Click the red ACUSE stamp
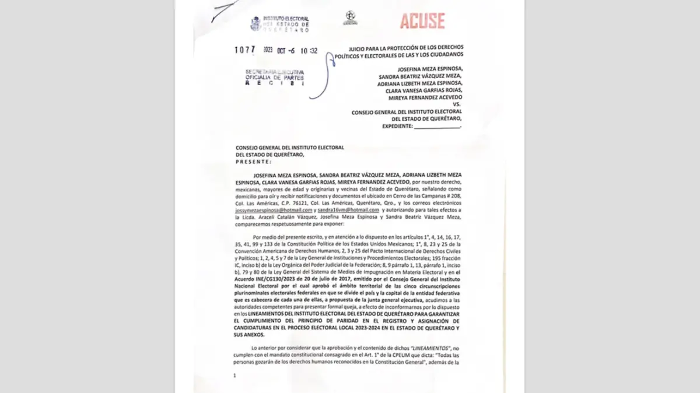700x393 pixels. [422, 22]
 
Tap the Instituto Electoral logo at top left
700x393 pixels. [279, 24]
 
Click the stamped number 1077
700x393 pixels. [245, 50]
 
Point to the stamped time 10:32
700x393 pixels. [309, 51]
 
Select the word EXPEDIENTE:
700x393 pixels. [397, 126]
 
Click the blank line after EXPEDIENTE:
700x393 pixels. [437, 126]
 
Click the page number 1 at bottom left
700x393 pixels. [235, 376]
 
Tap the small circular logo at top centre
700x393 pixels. [350, 18]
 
